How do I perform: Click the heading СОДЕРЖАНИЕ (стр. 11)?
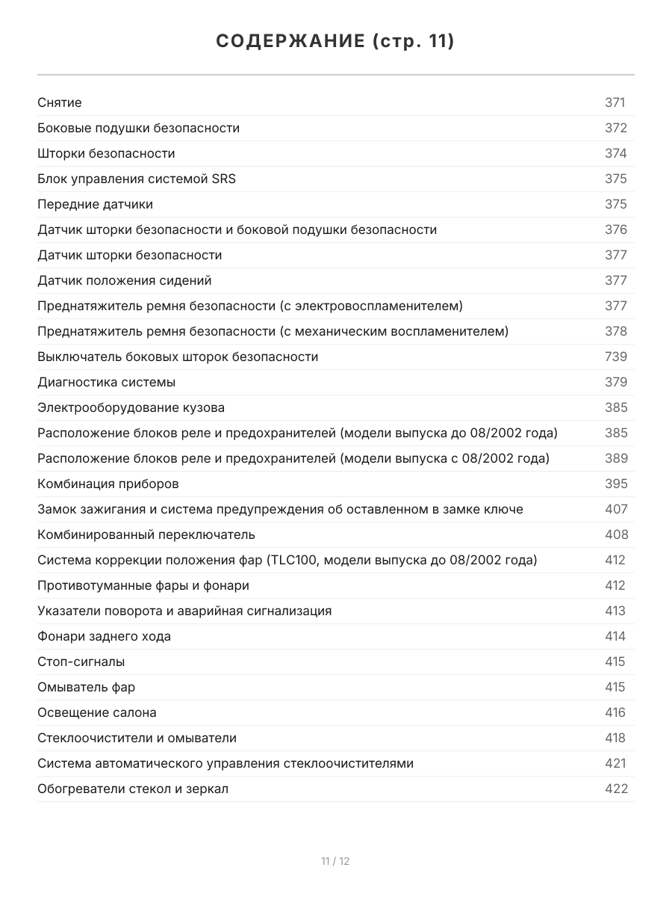point(335,41)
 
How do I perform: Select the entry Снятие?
point(60,102)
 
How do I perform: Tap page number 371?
point(615,102)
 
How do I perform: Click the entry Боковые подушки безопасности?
point(138,128)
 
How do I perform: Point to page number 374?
point(615,153)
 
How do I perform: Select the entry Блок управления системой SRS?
point(137,179)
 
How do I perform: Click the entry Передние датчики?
point(95,204)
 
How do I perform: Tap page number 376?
point(615,229)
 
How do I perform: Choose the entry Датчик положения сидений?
point(125,280)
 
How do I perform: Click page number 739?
point(615,357)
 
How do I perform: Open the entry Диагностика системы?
point(107,382)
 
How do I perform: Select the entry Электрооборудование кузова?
point(131,407)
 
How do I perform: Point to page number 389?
point(616,458)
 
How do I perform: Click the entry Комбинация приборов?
point(108,484)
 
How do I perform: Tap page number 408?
point(616,534)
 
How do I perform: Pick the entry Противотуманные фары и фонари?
point(143,585)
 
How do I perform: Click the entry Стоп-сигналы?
point(81,662)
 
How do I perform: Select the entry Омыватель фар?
point(87,687)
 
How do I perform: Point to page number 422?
point(616,789)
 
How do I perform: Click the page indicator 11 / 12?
point(335,861)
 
